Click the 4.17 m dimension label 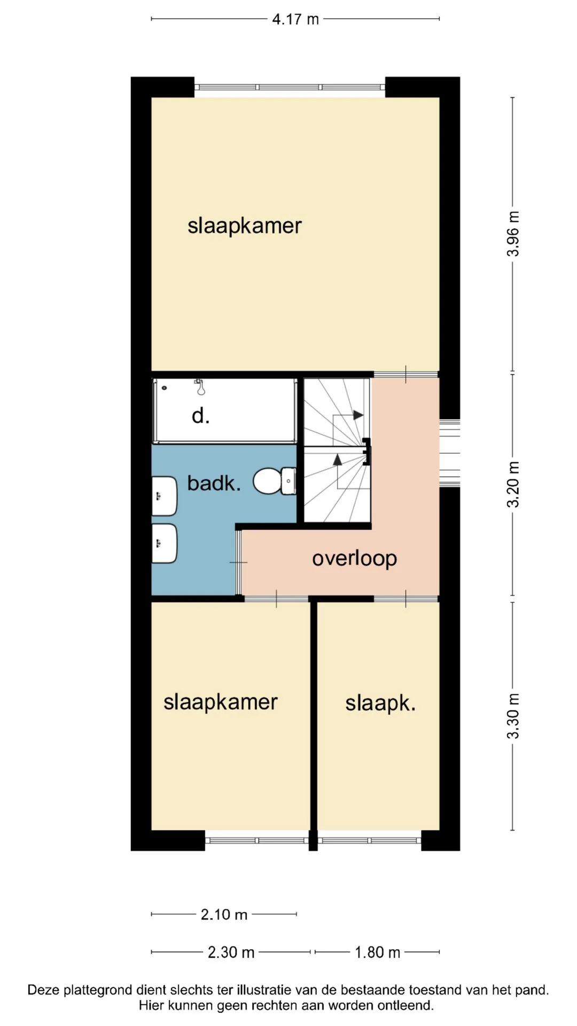pyautogui.click(x=295, y=19)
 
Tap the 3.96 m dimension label pyautogui.click(x=513, y=234)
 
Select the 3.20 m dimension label pyautogui.click(x=513, y=484)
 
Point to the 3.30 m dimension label pyautogui.click(x=513, y=716)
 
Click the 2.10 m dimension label pyautogui.click(x=224, y=914)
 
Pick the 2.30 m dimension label pyautogui.click(x=231, y=952)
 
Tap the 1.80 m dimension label pyautogui.click(x=377, y=952)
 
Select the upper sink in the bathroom pyautogui.click(x=164, y=496)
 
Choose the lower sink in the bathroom pyautogui.click(x=164, y=543)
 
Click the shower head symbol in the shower pyautogui.click(x=200, y=387)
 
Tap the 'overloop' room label pyautogui.click(x=355, y=558)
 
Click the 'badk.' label pyautogui.click(x=214, y=483)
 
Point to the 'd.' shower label pyautogui.click(x=200, y=415)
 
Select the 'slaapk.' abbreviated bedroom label pyautogui.click(x=380, y=703)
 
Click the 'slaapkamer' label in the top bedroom pyautogui.click(x=245, y=226)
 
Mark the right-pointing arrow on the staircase pyautogui.click(x=358, y=415)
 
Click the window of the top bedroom pyautogui.click(x=290, y=87)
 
